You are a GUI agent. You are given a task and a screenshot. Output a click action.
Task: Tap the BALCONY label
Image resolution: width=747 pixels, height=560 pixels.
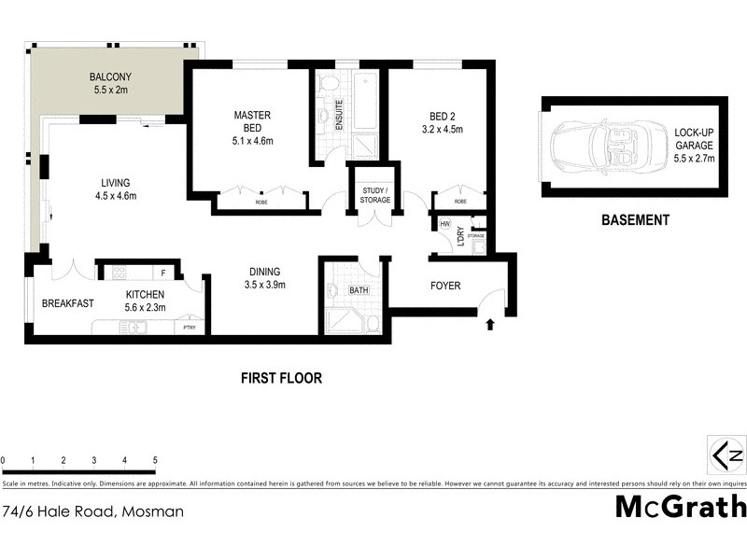(109, 77)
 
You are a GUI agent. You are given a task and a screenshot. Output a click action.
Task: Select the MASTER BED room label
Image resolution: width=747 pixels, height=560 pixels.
(251, 121)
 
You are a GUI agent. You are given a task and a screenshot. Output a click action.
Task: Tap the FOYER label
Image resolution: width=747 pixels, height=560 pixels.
(444, 286)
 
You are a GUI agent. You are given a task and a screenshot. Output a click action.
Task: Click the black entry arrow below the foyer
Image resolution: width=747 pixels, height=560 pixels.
(490, 325)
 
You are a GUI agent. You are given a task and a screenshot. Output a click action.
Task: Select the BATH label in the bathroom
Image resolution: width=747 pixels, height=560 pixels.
(359, 290)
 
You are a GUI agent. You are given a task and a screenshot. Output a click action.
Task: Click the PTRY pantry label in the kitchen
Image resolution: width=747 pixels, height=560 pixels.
(190, 328)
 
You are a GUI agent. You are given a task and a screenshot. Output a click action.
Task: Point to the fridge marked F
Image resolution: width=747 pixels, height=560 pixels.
(163, 273)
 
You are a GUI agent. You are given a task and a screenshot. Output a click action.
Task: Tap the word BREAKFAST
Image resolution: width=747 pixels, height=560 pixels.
(68, 303)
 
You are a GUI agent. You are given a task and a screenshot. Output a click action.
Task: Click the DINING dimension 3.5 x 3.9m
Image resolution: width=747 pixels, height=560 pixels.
(264, 286)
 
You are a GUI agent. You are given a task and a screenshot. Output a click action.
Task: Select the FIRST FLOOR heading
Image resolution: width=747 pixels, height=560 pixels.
(281, 378)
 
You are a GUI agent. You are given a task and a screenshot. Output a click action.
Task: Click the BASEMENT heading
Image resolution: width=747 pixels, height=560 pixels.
(634, 221)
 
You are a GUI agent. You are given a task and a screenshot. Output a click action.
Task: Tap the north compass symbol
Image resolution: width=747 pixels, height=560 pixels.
(726, 456)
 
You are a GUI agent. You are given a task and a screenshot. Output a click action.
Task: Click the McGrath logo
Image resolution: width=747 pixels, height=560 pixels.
(681, 507)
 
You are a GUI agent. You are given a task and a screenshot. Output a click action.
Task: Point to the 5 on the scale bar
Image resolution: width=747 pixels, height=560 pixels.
(155, 461)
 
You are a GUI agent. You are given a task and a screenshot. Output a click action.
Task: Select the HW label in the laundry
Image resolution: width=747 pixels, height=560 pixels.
(444, 225)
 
